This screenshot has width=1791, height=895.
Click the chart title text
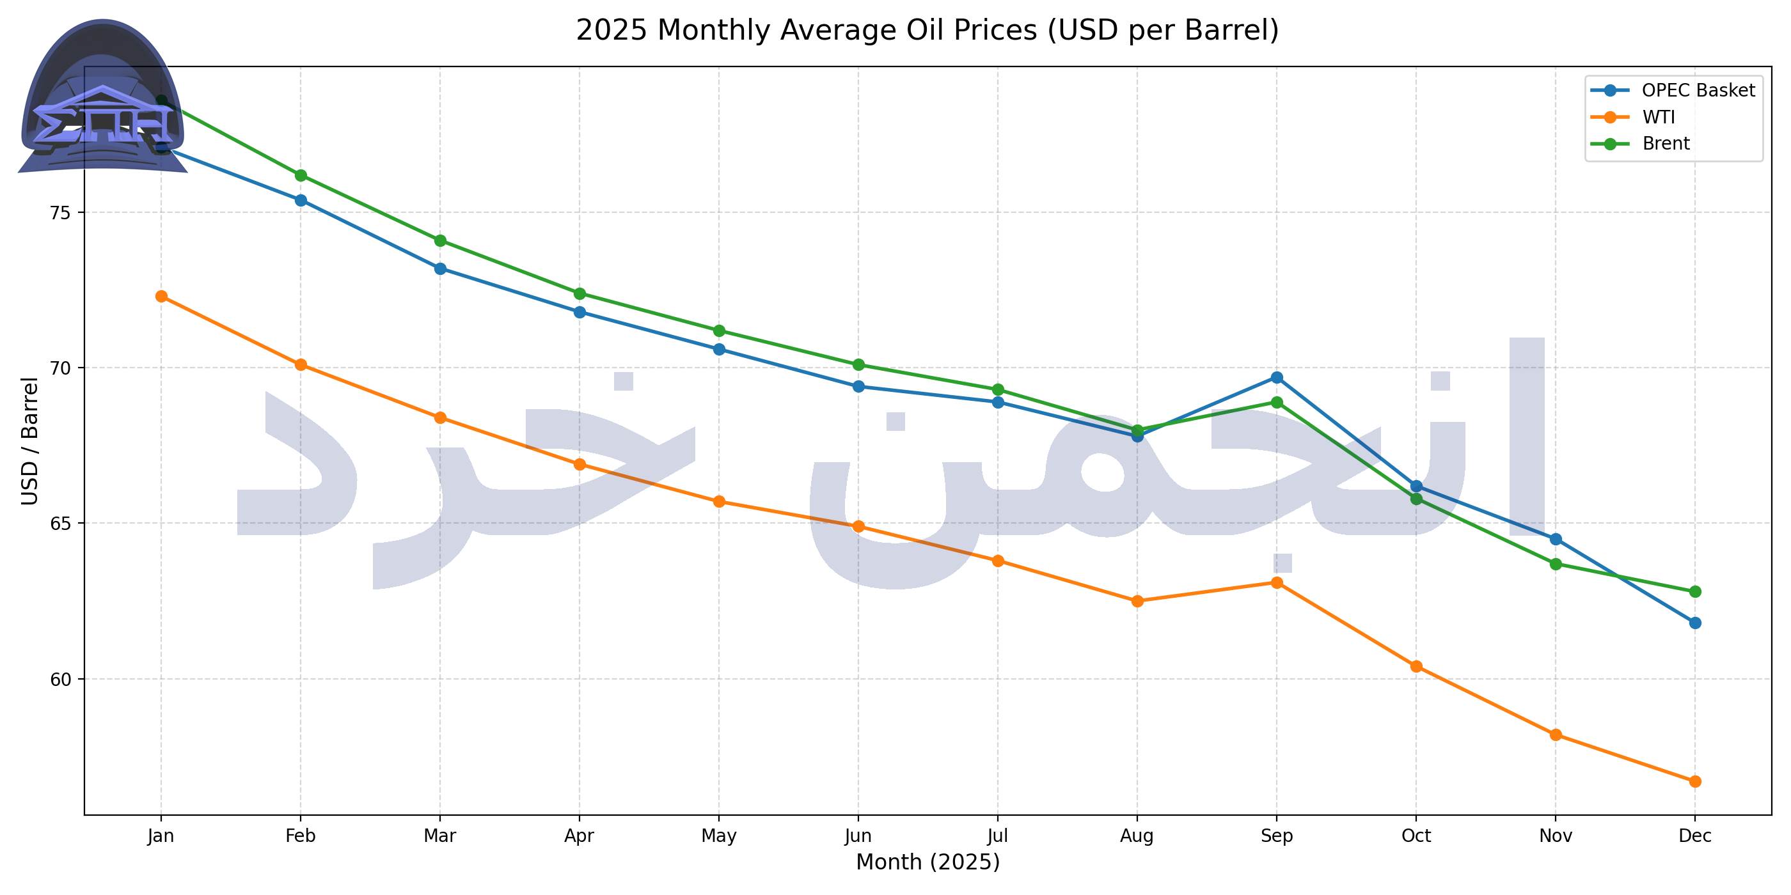pyautogui.click(x=927, y=31)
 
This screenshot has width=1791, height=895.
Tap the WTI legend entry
pyautogui.click(x=1658, y=117)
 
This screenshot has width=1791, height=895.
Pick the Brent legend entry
pyautogui.click(x=1665, y=143)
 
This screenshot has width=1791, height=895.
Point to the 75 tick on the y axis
pyautogui.click(x=61, y=213)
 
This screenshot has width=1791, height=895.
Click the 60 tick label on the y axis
pyautogui.click(x=61, y=679)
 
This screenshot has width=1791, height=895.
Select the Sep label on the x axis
pyautogui.click(x=1277, y=836)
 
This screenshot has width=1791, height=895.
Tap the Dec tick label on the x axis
pyautogui.click(x=1695, y=836)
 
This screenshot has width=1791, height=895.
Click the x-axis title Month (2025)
pyautogui.click(x=927, y=862)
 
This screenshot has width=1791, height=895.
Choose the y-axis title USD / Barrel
pyautogui.click(x=29, y=440)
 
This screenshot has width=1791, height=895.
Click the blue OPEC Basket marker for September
pyautogui.click(x=1277, y=377)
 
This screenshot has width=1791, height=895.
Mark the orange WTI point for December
pyautogui.click(x=1695, y=781)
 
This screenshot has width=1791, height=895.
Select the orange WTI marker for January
pyautogui.click(x=161, y=296)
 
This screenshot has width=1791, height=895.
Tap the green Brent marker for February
pyautogui.click(x=301, y=175)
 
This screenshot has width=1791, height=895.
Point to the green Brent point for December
pyautogui.click(x=1695, y=591)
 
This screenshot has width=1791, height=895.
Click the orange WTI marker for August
pyautogui.click(x=1137, y=601)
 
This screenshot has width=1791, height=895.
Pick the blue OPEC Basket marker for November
pyautogui.click(x=1556, y=539)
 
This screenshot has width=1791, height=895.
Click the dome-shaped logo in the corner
pyautogui.click(x=103, y=97)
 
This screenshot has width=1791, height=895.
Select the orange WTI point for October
pyautogui.click(x=1416, y=666)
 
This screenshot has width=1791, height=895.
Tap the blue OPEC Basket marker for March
pyautogui.click(x=440, y=268)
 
